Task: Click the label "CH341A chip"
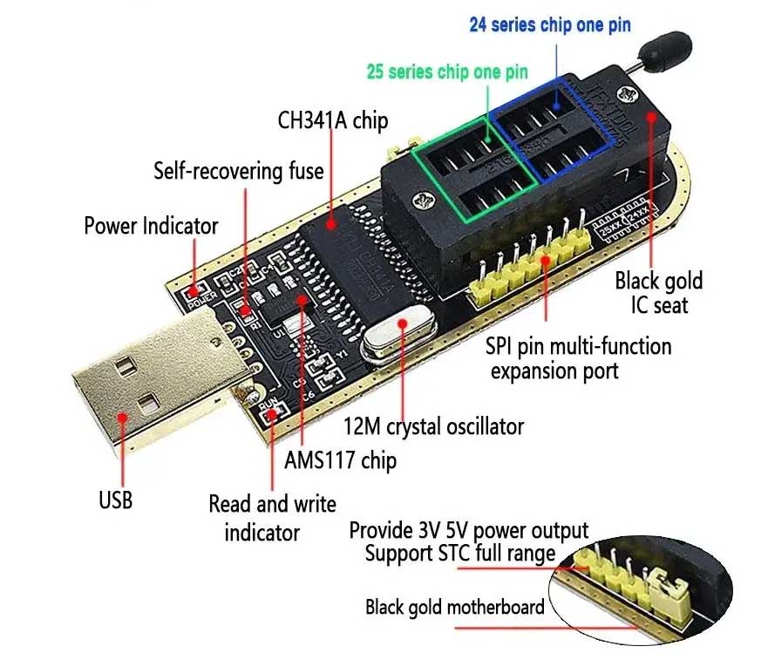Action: click(x=332, y=120)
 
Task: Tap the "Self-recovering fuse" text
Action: click(x=238, y=170)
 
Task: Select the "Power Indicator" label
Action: click(x=151, y=226)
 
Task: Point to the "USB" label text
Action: click(x=115, y=500)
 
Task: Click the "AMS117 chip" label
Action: click(x=340, y=459)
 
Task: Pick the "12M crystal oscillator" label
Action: click(x=432, y=426)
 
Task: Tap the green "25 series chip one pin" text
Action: click(x=446, y=71)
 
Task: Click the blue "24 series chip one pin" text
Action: click(x=549, y=24)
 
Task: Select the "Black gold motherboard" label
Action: click(x=454, y=607)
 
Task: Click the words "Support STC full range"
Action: click(x=459, y=553)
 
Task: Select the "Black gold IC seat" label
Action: click(x=658, y=292)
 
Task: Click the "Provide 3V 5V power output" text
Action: click(x=468, y=530)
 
